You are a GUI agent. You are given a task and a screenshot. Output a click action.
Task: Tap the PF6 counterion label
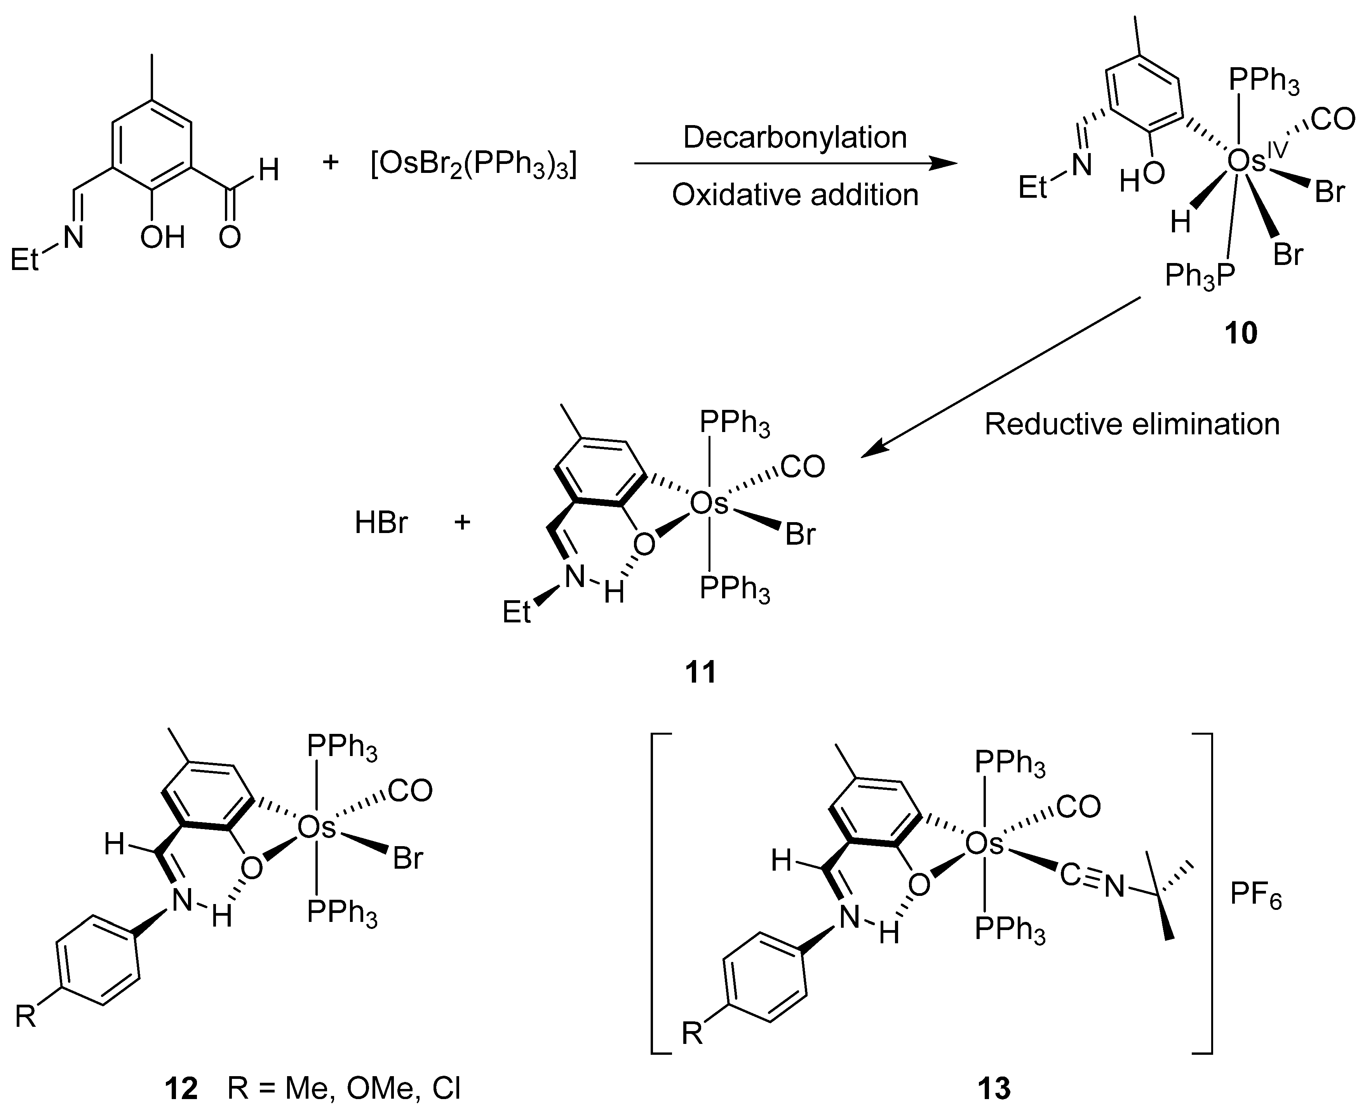click(x=1256, y=896)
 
